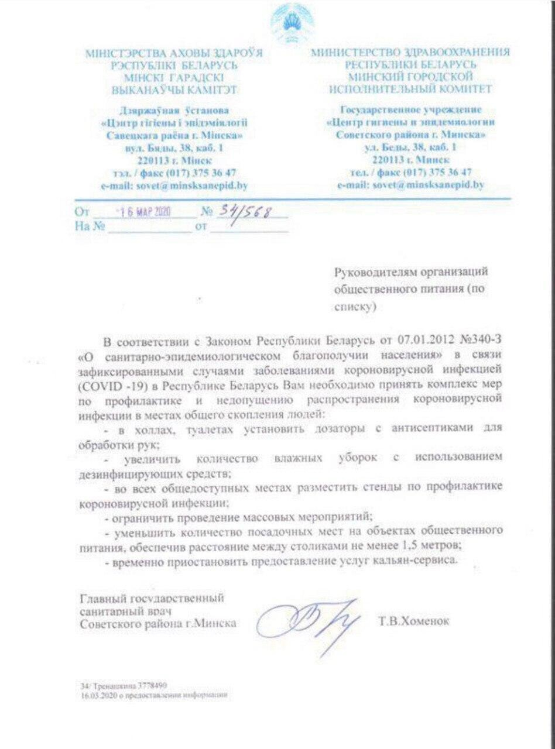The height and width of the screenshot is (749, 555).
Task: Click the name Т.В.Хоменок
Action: point(414,621)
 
